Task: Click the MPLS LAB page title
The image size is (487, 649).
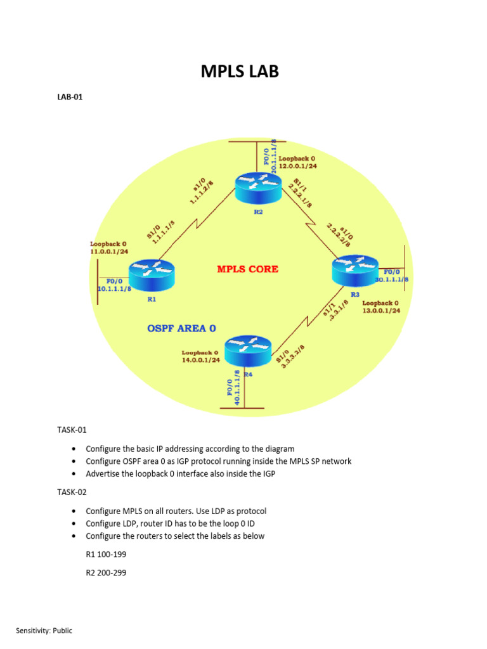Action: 240,72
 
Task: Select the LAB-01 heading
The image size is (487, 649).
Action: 70,98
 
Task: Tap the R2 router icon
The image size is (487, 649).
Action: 257,186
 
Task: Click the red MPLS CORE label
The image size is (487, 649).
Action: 247,269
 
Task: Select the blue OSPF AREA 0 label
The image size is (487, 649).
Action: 181,328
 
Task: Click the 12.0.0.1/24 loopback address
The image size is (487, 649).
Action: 297,166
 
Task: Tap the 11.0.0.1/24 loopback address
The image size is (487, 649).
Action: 110,252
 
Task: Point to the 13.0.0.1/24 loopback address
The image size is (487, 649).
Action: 381,311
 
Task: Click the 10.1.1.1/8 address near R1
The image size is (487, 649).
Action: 114,288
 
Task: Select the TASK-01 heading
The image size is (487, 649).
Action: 71,430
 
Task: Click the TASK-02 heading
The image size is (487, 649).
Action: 71,492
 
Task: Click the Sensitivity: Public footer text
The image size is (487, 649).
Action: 44,631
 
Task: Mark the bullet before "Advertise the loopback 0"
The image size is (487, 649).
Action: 74,473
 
